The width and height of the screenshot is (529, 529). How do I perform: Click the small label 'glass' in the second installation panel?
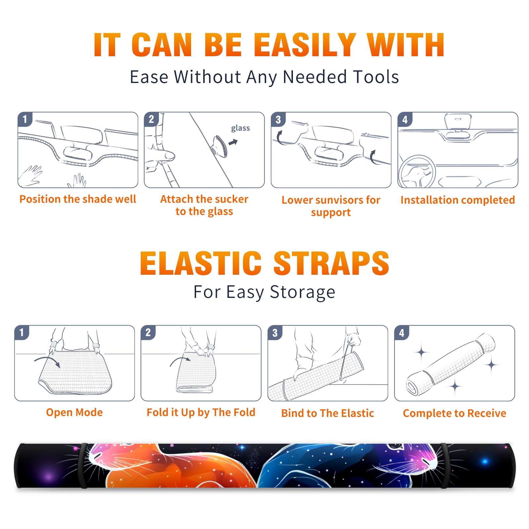pos(240,128)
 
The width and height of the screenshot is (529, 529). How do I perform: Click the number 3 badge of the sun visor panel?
pos(278,119)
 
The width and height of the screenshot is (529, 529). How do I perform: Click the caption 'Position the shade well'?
pos(78,199)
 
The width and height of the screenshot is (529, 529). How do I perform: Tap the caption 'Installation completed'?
pos(458,200)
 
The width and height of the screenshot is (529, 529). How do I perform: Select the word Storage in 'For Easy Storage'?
pos(303,292)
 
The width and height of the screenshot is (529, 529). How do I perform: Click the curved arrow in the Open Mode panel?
pos(47,361)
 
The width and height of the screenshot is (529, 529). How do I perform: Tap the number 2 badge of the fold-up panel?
pos(148,333)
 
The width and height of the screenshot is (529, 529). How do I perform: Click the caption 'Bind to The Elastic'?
pos(328,413)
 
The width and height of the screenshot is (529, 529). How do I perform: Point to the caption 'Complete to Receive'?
pos(455,413)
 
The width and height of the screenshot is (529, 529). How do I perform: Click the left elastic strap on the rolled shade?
pos(83,466)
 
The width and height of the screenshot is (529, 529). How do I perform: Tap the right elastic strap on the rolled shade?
pos(444,466)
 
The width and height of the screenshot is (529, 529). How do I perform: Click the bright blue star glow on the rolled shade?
pos(485,462)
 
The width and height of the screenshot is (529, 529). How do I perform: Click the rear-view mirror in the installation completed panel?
pos(458,122)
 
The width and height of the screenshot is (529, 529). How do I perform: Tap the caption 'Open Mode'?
pos(74,412)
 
